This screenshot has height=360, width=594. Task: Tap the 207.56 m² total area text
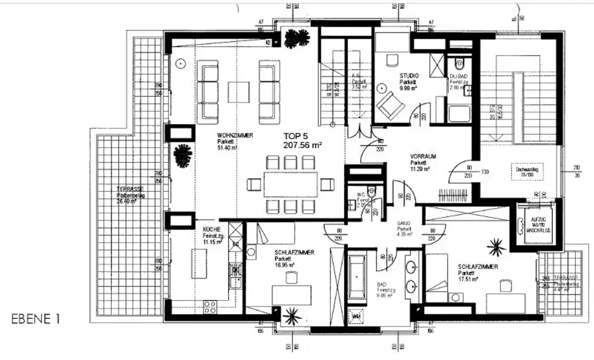pyautogui.click(x=302, y=146)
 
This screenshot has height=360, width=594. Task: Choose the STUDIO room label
pyautogui.click(x=408, y=76)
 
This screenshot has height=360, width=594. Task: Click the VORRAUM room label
pyautogui.click(x=423, y=157)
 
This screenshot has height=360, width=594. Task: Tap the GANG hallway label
pyautogui.click(x=404, y=223)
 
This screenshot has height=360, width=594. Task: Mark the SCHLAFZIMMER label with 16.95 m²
pyautogui.click(x=294, y=253)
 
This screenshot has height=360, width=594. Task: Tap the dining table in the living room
pyautogui.click(x=291, y=185)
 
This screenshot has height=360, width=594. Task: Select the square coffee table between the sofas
pyautogui.click(x=238, y=92)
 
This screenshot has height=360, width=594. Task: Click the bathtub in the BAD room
pyautogui.click(x=357, y=277)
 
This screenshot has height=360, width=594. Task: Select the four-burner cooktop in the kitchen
pyautogui.click(x=210, y=306)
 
